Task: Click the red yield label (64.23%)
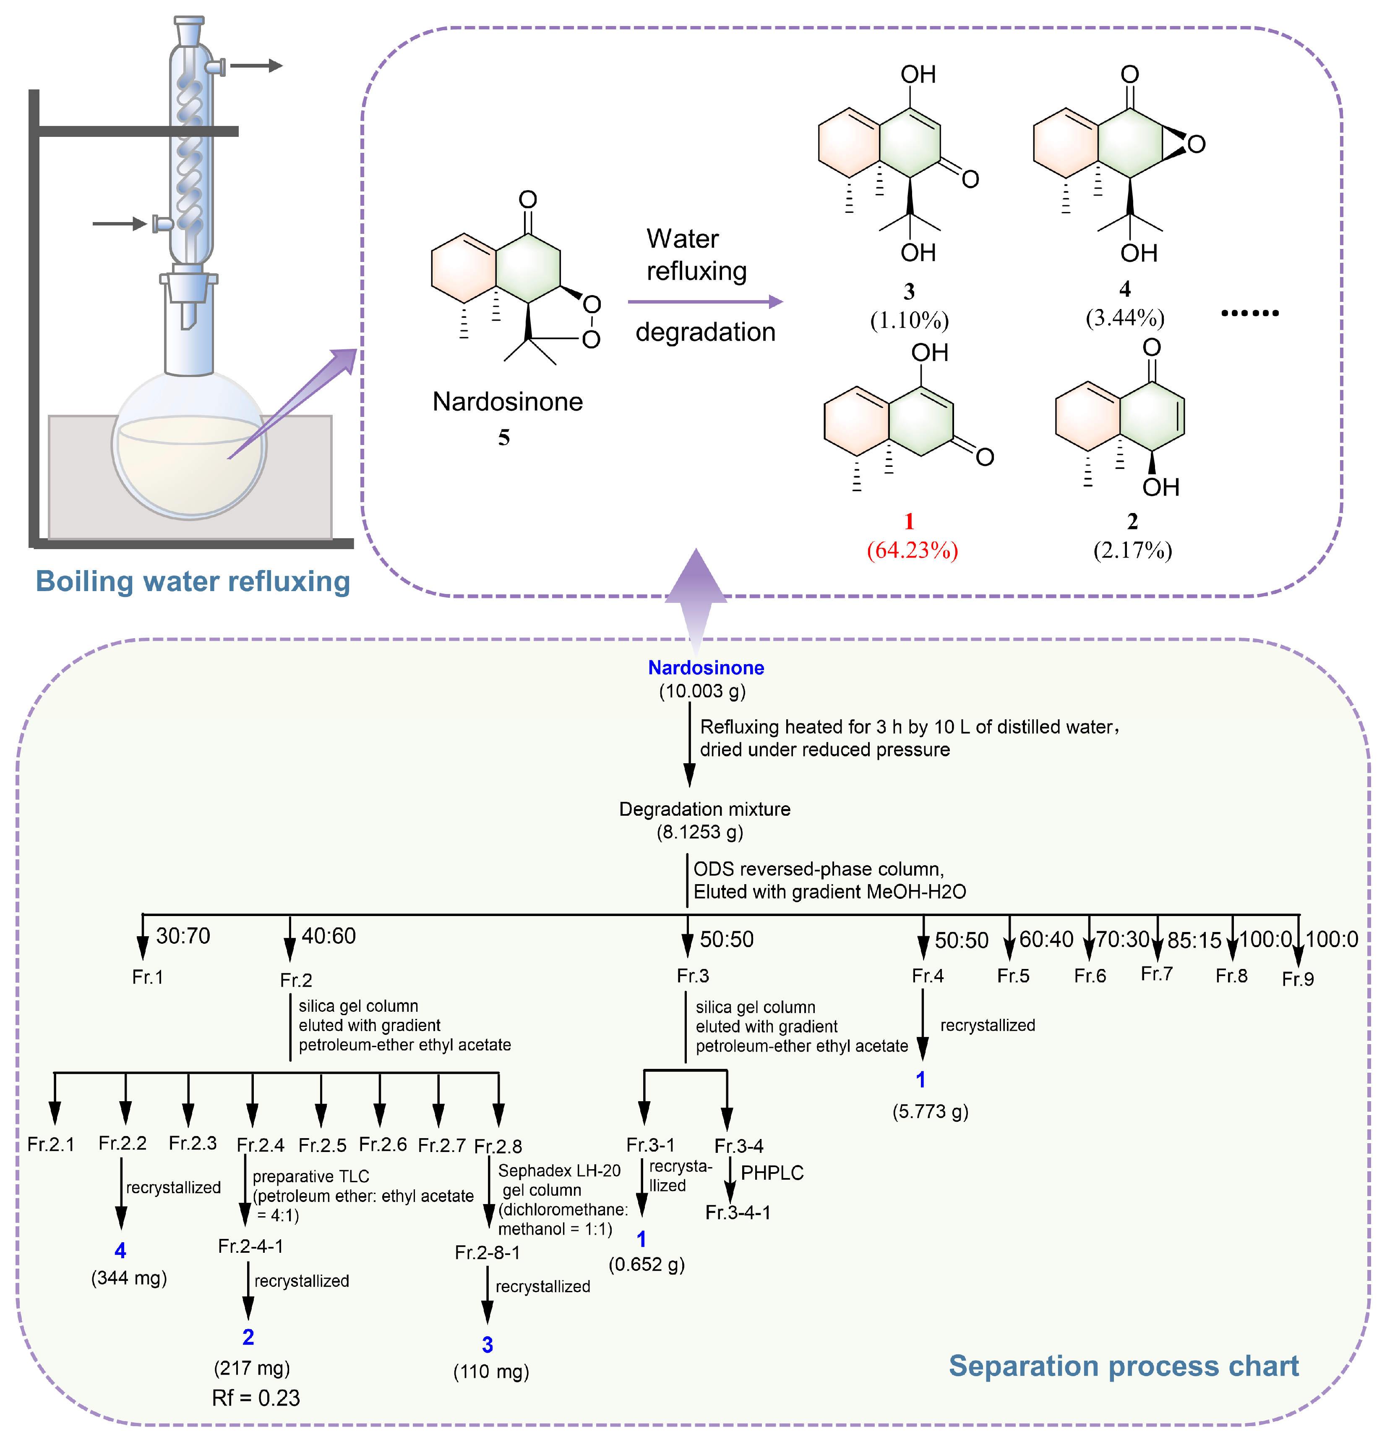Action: pos(912,550)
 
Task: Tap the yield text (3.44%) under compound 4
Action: pos(1125,318)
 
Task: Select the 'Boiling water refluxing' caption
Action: pos(193,581)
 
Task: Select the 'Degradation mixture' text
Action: pos(704,809)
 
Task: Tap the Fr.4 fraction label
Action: pos(928,976)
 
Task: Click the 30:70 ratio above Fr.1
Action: pos(183,936)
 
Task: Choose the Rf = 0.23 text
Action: pos(256,1397)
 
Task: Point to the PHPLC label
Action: pos(772,1173)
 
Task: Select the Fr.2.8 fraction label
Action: pos(498,1146)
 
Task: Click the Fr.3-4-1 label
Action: pos(738,1212)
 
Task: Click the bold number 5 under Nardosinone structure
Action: pos(504,438)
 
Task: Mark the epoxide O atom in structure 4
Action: pos(1196,144)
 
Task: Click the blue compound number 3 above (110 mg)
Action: pos(487,1344)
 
